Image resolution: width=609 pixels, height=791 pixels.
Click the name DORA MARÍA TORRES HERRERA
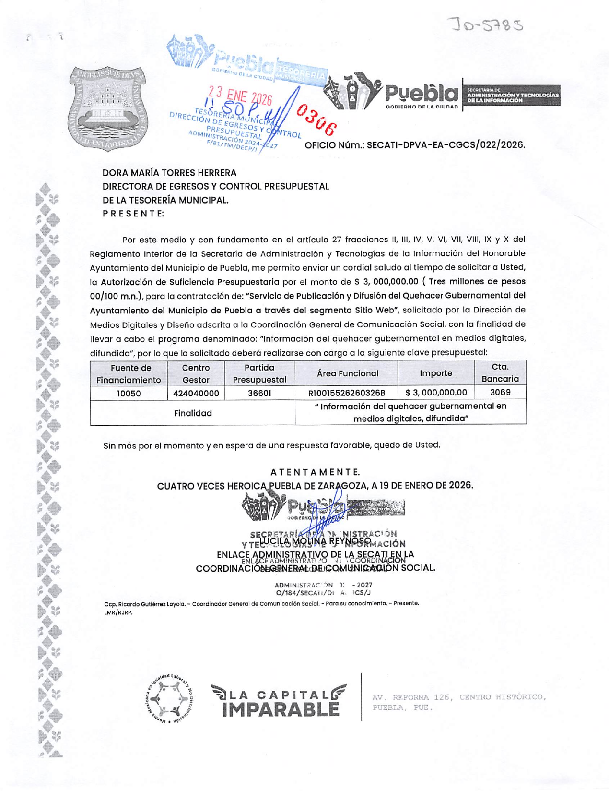[x=169, y=173]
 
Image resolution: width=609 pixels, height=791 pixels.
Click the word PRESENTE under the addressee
[x=133, y=214]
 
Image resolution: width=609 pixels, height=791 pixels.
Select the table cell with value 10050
[x=129, y=394]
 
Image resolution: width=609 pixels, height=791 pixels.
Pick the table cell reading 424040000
[x=196, y=394]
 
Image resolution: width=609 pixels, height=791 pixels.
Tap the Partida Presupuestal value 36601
[x=259, y=394]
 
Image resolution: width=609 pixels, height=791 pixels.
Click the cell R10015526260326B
[x=346, y=394]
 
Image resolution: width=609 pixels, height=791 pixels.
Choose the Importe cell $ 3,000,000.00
[x=436, y=393]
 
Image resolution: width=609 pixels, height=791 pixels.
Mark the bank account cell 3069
[x=500, y=393]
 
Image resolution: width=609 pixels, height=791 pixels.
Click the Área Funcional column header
[x=347, y=373]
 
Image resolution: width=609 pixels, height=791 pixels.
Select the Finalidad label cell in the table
[x=192, y=413]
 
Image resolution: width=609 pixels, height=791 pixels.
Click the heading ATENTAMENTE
[x=315, y=472]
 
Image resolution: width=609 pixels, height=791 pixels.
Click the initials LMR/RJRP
[x=118, y=612]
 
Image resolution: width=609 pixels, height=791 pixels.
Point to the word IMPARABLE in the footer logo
[x=281, y=709]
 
